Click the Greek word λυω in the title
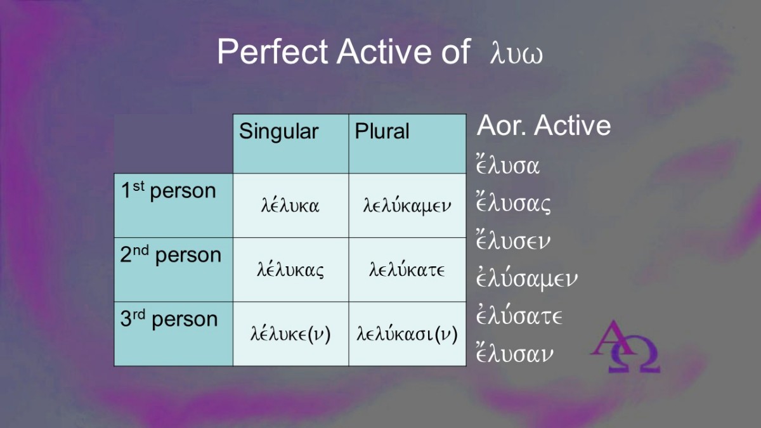(516, 54)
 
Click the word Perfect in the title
(273, 51)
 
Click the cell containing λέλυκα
(291, 205)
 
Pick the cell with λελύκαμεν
(407, 205)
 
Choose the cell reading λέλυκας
(291, 269)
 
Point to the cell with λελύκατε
(407, 269)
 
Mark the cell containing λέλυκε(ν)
(291, 334)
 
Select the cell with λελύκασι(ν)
(407, 334)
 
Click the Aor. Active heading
(543, 126)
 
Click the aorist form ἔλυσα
(508, 165)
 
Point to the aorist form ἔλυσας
(513, 203)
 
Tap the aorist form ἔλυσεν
(513, 240)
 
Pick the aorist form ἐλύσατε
(519, 315)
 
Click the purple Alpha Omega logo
(626, 346)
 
